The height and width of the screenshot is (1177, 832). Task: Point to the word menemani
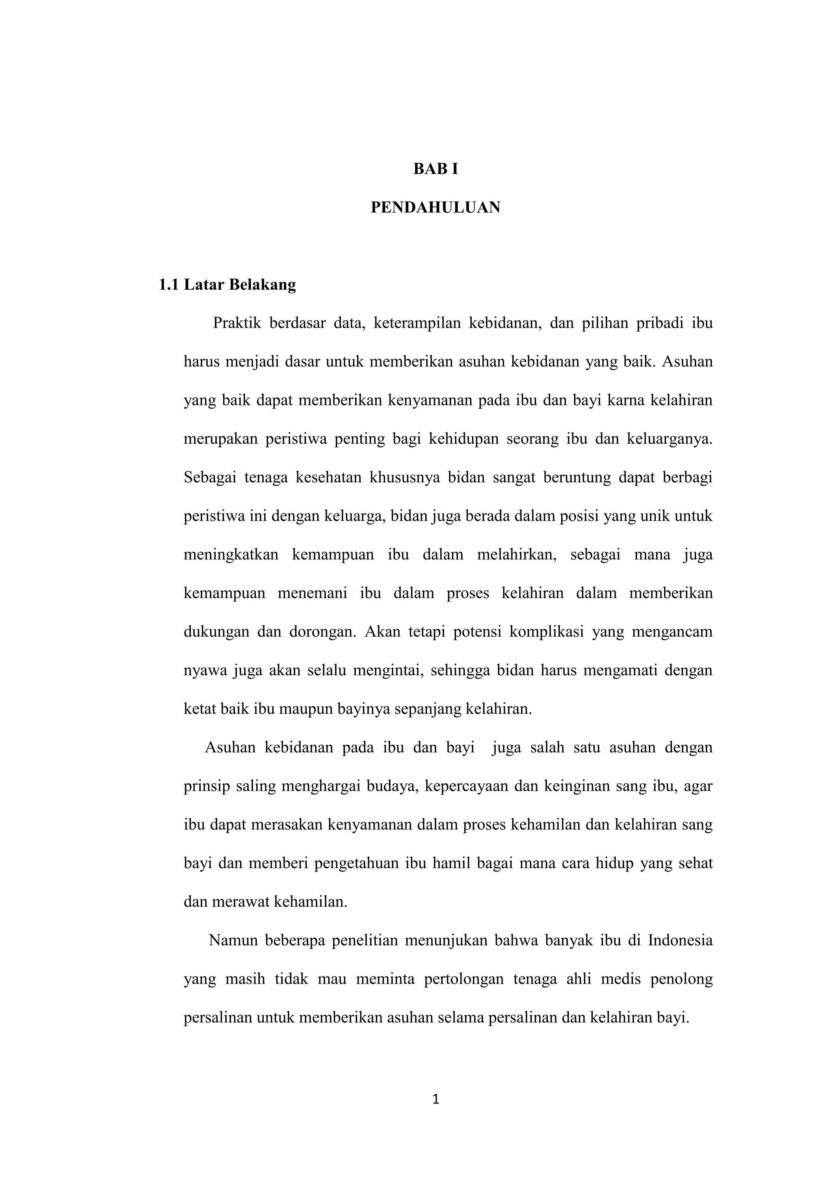312,593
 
